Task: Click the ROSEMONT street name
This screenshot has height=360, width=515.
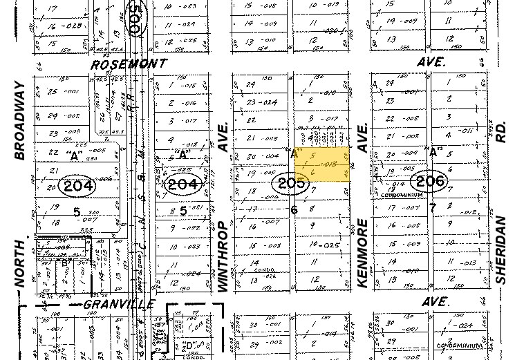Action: coord(130,63)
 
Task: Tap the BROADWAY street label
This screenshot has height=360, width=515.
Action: coord(19,122)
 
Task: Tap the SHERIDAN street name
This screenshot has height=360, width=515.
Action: coord(501,248)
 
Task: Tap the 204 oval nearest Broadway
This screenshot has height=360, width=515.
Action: coord(96,185)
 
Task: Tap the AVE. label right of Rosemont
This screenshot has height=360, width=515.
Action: coord(433,61)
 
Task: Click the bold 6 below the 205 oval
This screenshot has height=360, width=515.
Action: coord(294,210)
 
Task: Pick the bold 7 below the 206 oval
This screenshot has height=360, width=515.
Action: coord(433,207)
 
